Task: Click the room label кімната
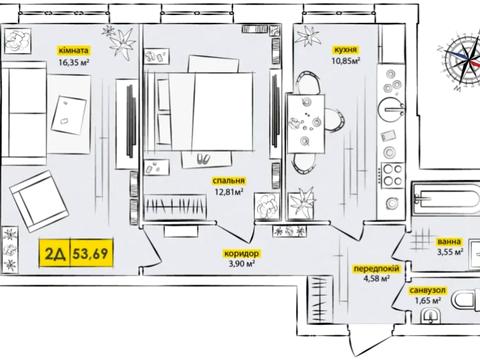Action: pyautogui.click(x=73, y=50)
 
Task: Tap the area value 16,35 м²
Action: pyautogui.click(x=73, y=62)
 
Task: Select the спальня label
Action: pyautogui.click(x=229, y=181)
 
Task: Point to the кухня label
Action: pyautogui.click(x=346, y=50)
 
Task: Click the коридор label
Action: pyautogui.click(x=241, y=253)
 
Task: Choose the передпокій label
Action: pyautogui.click(x=376, y=269)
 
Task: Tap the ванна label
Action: pyautogui.click(x=449, y=241)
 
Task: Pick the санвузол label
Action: pyautogui.click(x=428, y=290)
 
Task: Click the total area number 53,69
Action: pyautogui.click(x=91, y=253)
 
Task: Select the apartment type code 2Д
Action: pyautogui.click(x=55, y=254)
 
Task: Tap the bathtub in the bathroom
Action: pyautogui.click(x=447, y=199)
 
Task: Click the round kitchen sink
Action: pyautogui.click(x=391, y=109)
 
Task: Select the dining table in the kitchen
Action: pyautogui.click(x=305, y=123)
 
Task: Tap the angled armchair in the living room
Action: pyautogui.click(x=39, y=201)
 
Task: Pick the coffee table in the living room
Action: pyautogui.click(x=69, y=115)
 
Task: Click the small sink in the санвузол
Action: pyautogui.click(x=430, y=316)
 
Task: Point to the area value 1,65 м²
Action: pyautogui.click(x=428, y=301)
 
